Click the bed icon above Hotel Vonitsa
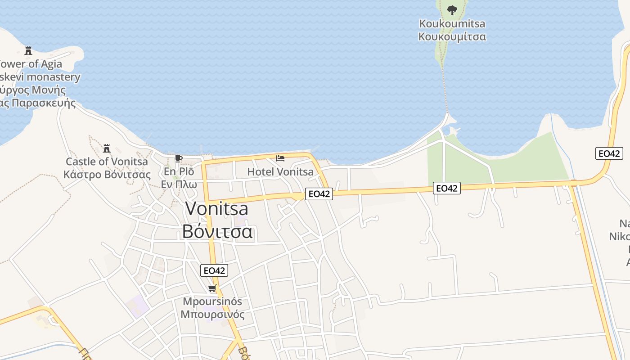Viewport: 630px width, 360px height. click(x=280, y=158)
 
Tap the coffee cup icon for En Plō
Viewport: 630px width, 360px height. click(x=178, y=158)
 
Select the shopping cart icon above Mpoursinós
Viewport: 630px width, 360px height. click(x=212, y=288)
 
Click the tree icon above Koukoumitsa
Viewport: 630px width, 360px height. click(x=452, y=9)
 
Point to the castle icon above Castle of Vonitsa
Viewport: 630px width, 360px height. click(x=107, y=148)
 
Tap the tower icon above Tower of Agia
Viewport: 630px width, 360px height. click(x=28, y=50)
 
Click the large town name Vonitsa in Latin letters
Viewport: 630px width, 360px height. click(x=217, y=208)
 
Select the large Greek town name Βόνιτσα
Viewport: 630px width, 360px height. click(x=217, y=232)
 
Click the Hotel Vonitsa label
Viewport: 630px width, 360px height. click(x=280, y=172)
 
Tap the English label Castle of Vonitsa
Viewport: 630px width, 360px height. click(x=107, y=162)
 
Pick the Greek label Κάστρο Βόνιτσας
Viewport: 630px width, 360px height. click(x=107, y=175)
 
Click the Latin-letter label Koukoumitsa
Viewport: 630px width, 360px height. click(x=452, y=23)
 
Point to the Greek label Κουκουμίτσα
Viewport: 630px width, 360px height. click(x=452, y=36)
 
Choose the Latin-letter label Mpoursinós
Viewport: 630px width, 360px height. click(x=212, y=301)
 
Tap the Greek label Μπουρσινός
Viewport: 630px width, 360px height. click(x=212, y=314)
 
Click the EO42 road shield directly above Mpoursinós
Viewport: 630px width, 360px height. click(x=214, y=270)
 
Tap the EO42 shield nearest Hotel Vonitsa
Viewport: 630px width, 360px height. click(x=319, y=194)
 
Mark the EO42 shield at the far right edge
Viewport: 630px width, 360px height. click(x=609, y=153)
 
